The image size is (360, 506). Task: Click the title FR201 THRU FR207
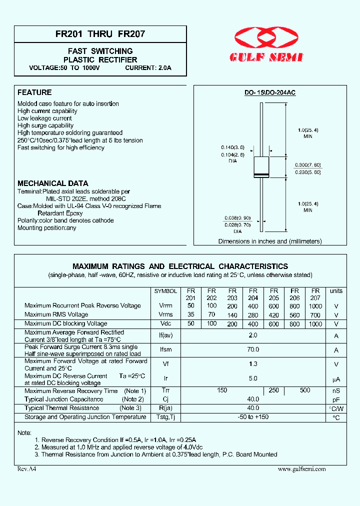[x=100, y=35]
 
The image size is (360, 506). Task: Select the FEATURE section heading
[x=34, y=92]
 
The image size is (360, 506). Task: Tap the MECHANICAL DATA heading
[x=53, y=183]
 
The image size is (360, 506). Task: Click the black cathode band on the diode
[x=261, y=174]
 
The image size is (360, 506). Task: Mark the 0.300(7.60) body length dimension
[x=307, y=164]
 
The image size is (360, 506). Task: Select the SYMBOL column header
[x=165, y=291]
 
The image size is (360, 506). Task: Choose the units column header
[x=336, y=291]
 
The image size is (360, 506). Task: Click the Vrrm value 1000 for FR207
[x=315, y=305]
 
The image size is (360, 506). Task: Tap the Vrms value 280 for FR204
[x=253, y=315]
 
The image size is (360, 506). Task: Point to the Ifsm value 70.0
[x=253, y=350]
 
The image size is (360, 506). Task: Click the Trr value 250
[x=273, y=390]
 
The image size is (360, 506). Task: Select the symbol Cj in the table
[x=165, y=399]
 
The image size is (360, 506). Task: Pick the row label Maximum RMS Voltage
[x=56, y=314]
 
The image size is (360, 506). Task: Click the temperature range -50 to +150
[x=253, y=417]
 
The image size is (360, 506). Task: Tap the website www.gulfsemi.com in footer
[x=301, y=469]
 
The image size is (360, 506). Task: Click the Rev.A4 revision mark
[x=26, y=469]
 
